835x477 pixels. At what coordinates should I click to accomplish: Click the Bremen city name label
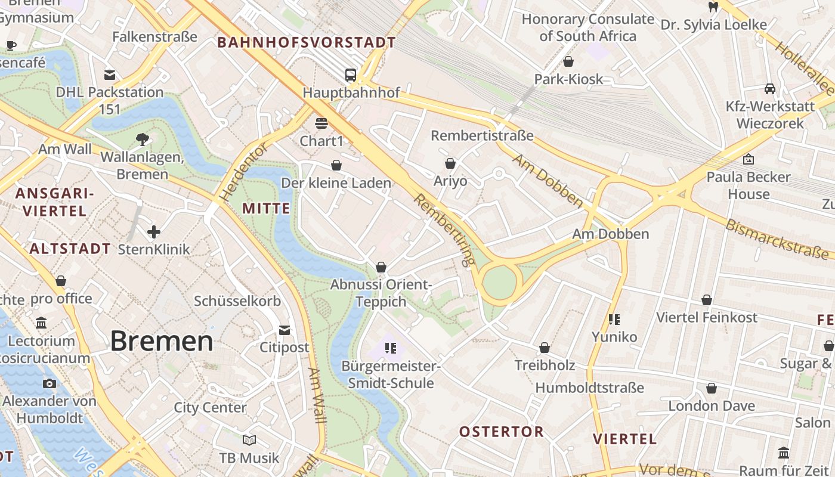(162, 341)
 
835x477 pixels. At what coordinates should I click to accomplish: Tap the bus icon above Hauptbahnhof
(351, 75)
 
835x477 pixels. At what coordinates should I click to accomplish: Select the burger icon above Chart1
(321, 123)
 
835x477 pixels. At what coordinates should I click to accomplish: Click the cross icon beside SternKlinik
(154, 231)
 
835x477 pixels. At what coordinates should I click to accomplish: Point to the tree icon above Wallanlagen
(142, 140)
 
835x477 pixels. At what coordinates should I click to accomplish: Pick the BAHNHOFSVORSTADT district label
(307, 42)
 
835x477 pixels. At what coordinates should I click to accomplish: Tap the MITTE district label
(267, 209)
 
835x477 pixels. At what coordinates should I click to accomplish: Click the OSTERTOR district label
(501, 432)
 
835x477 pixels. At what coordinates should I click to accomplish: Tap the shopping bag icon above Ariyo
(450, 163)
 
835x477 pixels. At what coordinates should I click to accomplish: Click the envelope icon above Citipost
(284, 330)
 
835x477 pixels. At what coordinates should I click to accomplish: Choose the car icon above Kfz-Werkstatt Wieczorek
(770, 89)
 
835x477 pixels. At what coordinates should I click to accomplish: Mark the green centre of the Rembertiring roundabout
(499, 283)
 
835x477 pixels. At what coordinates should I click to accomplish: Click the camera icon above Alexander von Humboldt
(49, 383)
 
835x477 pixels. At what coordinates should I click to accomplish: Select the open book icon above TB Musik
(249, 440)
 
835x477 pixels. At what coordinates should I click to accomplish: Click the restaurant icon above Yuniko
(614, 319)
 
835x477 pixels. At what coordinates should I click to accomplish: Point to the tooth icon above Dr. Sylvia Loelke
(712, 7)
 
